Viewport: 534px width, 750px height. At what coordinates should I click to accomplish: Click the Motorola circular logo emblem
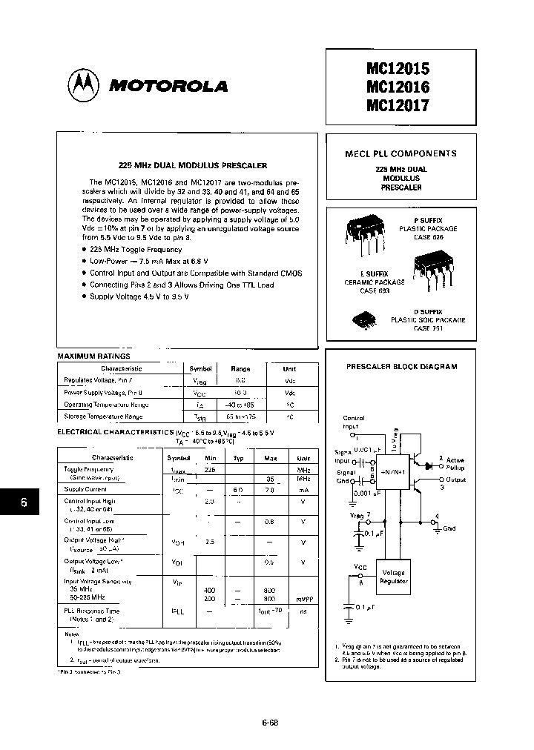pos(84,86)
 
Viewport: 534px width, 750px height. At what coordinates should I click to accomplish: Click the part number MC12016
pos(398,87)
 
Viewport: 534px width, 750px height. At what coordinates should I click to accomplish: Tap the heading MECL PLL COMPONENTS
pos(400,154)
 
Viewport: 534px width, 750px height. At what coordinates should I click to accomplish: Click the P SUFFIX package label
pos(428,221)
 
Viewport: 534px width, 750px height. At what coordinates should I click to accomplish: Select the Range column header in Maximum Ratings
pos(240,368)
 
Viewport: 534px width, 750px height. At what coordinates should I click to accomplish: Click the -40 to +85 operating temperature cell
pos(240,405)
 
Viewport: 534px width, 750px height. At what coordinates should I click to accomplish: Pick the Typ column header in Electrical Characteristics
pos(238,458)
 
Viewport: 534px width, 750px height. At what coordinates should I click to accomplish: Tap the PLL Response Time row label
pos(91,611)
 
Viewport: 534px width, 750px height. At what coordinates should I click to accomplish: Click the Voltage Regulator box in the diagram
pos(394,577)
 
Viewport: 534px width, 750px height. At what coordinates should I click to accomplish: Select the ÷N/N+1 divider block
pos(392,470)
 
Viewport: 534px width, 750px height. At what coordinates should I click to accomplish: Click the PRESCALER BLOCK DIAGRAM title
pos(402,366)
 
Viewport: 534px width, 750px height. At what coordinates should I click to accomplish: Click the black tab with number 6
pos(24,502)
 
